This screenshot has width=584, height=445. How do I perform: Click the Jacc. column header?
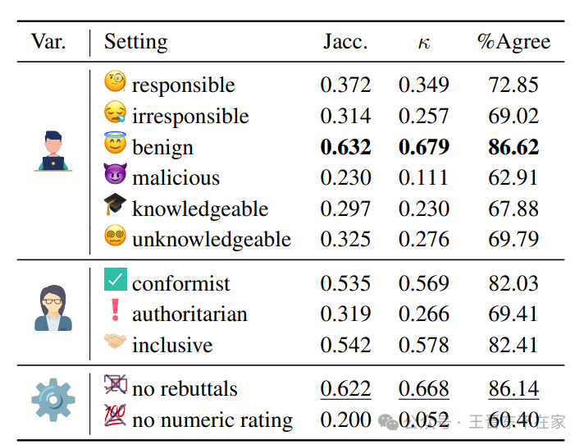pyautogui.click(x=345, y=42)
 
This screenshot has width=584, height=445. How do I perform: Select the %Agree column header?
pyautogui.click(x=513, y=42)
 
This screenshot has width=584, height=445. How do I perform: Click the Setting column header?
pyautogui.click(x=135, y=42)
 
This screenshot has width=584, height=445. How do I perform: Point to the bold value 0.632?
pyautogui.click(x=345, y=148)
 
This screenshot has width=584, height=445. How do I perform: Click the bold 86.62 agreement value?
pyautogui.click(x=513, y=148)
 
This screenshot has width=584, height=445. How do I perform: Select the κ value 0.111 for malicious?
pyautogui.click(x=423, y=178)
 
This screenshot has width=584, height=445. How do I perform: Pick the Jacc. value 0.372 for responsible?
pyautogui.click(x=345, y=85)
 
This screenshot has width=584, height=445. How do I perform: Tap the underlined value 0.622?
pyautogui.click(x=345, y=389)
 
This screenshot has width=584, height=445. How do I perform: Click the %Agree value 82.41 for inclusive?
pyautogui.click(x=513, y=345)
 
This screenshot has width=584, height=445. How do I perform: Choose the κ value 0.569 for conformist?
pyautogui.click(x=423, y=284)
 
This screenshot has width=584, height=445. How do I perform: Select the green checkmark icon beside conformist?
pyautogui.click(x=116, y=280)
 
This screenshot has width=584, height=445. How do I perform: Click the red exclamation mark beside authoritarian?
pyautogui.click(x=115, y=310)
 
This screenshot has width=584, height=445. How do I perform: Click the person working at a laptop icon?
pyautogui.click(x=53, y=150)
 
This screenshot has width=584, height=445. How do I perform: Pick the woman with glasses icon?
pyautogui.click(x=53, y=307)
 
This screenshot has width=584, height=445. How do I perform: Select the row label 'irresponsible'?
pyautogui.click(x=190, y=117)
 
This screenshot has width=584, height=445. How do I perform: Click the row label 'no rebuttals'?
pyautogui.click(x=185, y=389)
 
